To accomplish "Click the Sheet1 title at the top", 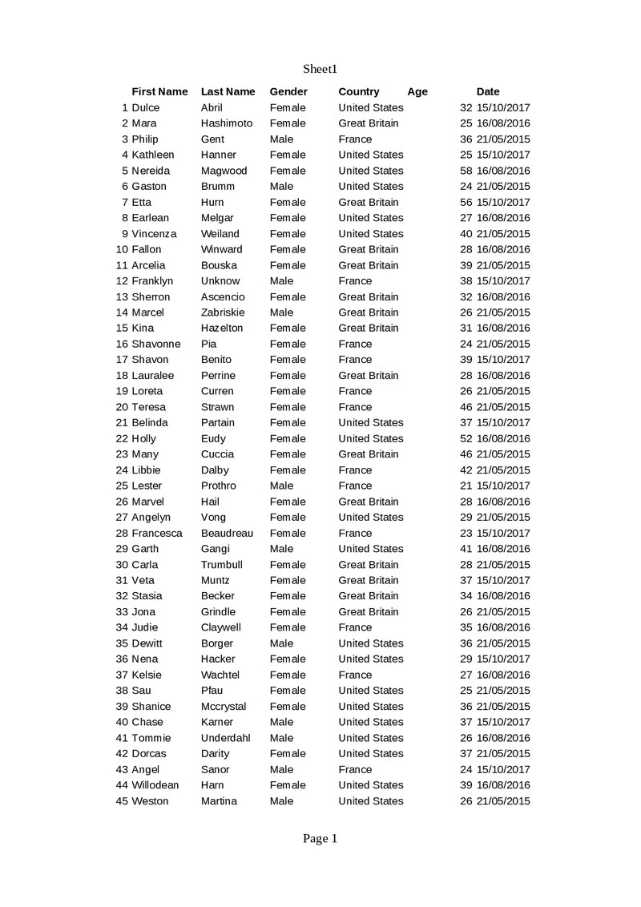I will [x=320, y=69].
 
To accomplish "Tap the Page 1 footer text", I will [x=320, y=838].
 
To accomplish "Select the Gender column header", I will [x=288, y=91].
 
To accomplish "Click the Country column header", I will [x=359, y=91].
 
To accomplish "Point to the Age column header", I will [x=417, y=91].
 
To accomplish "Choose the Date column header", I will [x=487, y=91].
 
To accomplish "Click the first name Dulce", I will [x=145, y=107].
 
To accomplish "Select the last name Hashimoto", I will [x=227, y=123].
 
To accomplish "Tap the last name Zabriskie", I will [x=223, y=312].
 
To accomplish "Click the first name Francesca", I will [x=157, y=533].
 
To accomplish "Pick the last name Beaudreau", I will [x=227, y=533].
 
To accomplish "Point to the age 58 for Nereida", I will [x=466, y=171].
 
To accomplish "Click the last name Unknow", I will [x=220, y=281].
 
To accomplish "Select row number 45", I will [x=123, y=801].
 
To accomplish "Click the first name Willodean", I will [x=155, y=785].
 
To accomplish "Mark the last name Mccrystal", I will [x=224, y=707].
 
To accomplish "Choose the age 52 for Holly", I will [x=466, y=439].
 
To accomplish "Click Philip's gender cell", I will [x=281, y=139].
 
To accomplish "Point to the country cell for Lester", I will [x=355, y=486].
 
